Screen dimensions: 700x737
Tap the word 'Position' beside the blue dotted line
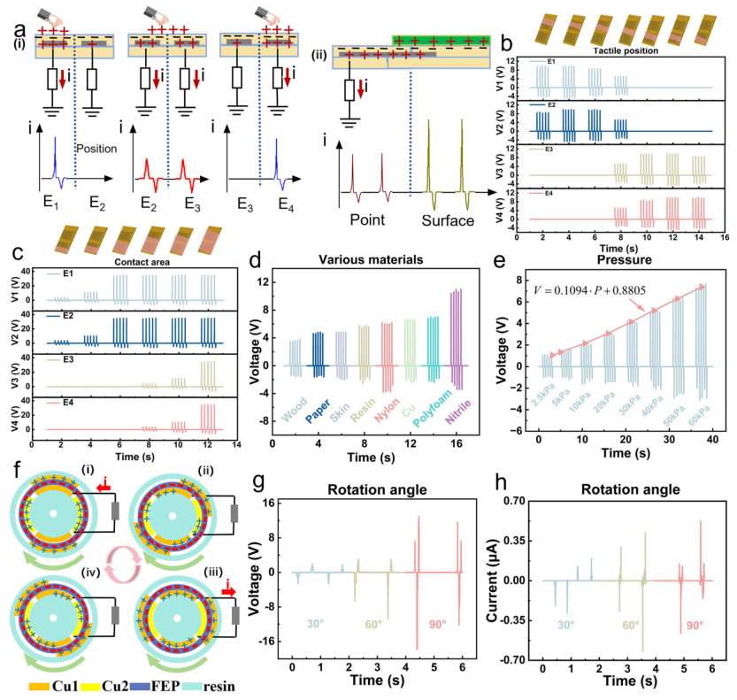(97, 148)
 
